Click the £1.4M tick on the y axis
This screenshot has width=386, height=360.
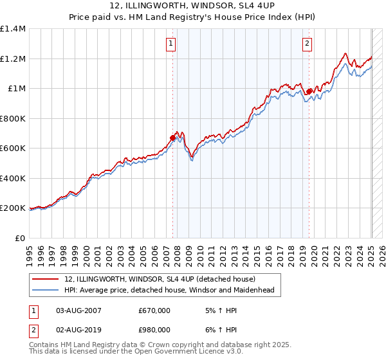click(13, 29)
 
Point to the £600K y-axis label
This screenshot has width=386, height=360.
click(13, 148)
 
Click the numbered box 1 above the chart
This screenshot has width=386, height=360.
click(172, 44)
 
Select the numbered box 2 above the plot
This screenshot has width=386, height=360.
click(308, 44)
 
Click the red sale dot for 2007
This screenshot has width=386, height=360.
click(172, 138)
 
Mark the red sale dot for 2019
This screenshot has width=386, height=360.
click(309, 91)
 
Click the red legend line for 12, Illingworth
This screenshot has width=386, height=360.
click(46, 280)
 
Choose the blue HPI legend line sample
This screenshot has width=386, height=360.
click(46, 291)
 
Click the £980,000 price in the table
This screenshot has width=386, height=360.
click(154, 330)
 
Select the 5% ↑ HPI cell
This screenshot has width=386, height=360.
click(211, 310)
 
